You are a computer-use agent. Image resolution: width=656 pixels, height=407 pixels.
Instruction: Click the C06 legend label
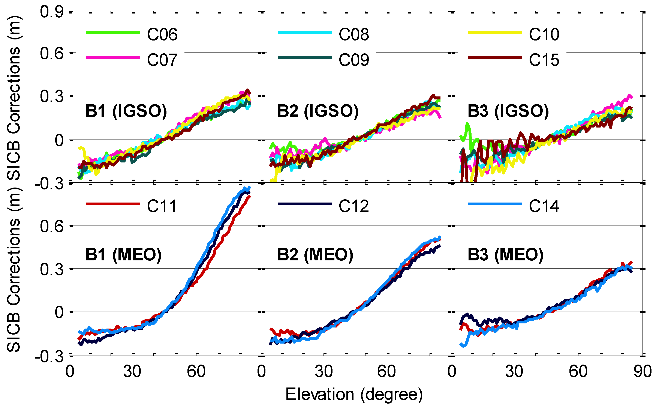[x=162, y=35]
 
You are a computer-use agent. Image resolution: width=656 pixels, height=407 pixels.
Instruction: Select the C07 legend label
[x=162, y=60]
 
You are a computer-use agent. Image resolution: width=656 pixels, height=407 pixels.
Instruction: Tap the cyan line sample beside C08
[x=305, y=32]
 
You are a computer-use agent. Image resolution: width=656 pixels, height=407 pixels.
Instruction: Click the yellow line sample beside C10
[x=495, y=32]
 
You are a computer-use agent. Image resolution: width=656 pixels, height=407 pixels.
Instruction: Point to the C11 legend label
[x=162, y=206]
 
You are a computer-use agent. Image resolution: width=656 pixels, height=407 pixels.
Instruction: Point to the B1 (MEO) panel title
[x=123, y=255]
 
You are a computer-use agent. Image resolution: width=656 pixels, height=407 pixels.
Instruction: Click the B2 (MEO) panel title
[x=315, y=255]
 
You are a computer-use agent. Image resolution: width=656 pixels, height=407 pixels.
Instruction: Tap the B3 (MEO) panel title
[x=505, y=255]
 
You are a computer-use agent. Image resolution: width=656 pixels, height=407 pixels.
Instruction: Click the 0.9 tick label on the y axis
[x=52, y=12]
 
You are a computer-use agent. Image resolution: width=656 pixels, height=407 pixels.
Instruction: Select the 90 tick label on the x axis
[x=643, y=371]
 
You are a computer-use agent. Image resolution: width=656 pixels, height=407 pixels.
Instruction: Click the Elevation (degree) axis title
[x=354, y=394]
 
